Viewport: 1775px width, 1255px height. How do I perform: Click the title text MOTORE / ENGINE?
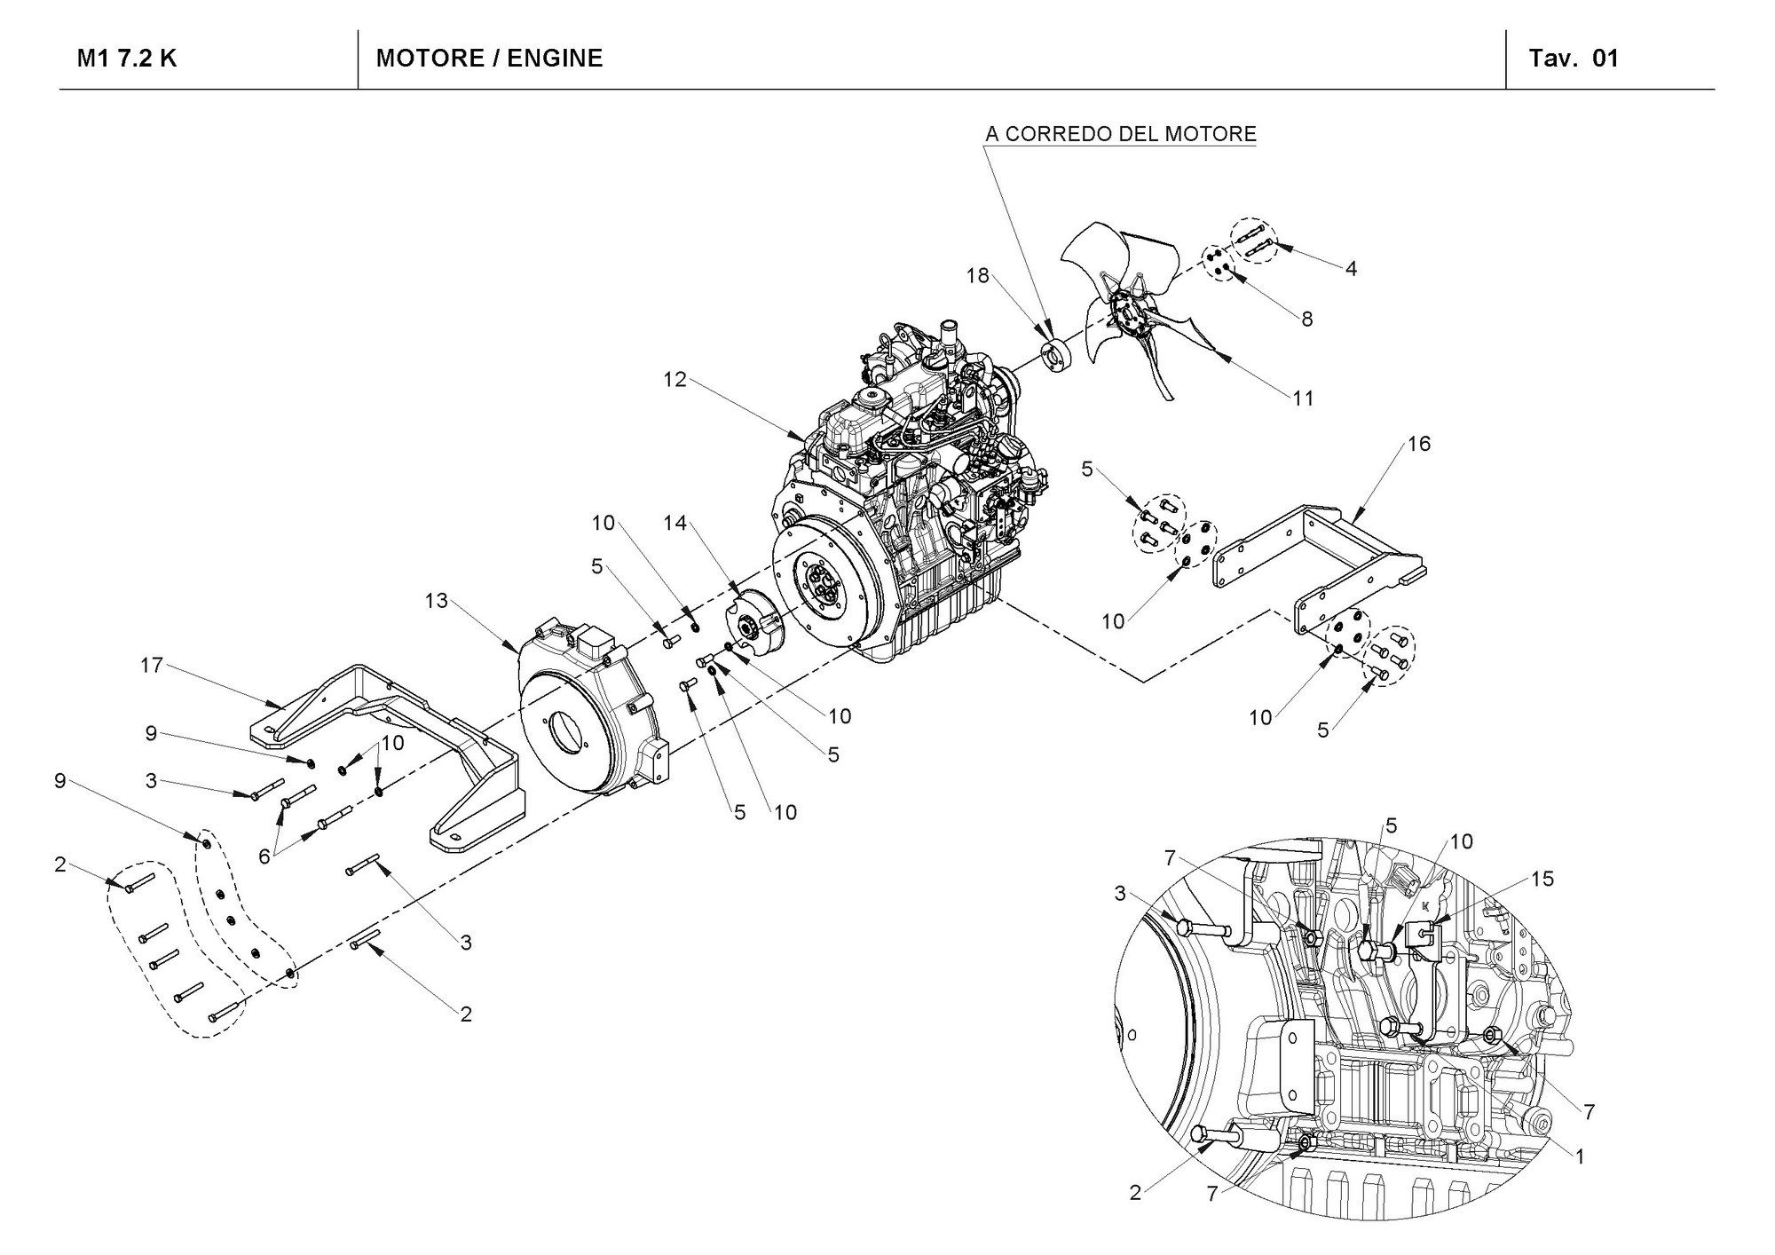pos(489,59)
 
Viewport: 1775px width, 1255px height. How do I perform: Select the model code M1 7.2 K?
pos(127,59)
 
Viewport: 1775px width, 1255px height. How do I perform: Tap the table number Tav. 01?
pos(1574,59)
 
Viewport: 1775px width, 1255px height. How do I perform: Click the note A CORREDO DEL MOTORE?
pos(1121,134)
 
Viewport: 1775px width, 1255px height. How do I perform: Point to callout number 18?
pos(977,276)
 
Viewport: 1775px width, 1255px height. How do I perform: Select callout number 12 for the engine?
pos(674,380)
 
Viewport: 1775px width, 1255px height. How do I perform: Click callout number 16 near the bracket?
pos(1419,443)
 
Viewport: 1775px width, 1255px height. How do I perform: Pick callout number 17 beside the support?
pos(152,665)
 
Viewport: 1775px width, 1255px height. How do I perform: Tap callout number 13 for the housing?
pos(436,601)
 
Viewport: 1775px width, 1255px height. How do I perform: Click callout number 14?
pos(675,523)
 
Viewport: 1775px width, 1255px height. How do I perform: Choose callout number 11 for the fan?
pos(1302,399)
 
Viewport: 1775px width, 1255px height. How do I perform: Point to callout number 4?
pos(1351,268)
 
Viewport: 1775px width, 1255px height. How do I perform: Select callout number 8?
pos(1306,319)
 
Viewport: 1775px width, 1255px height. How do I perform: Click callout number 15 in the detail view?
pos(1542,879)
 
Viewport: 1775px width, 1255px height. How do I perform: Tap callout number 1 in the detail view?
pos(1580,1156)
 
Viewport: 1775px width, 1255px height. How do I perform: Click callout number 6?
pos(264,856)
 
